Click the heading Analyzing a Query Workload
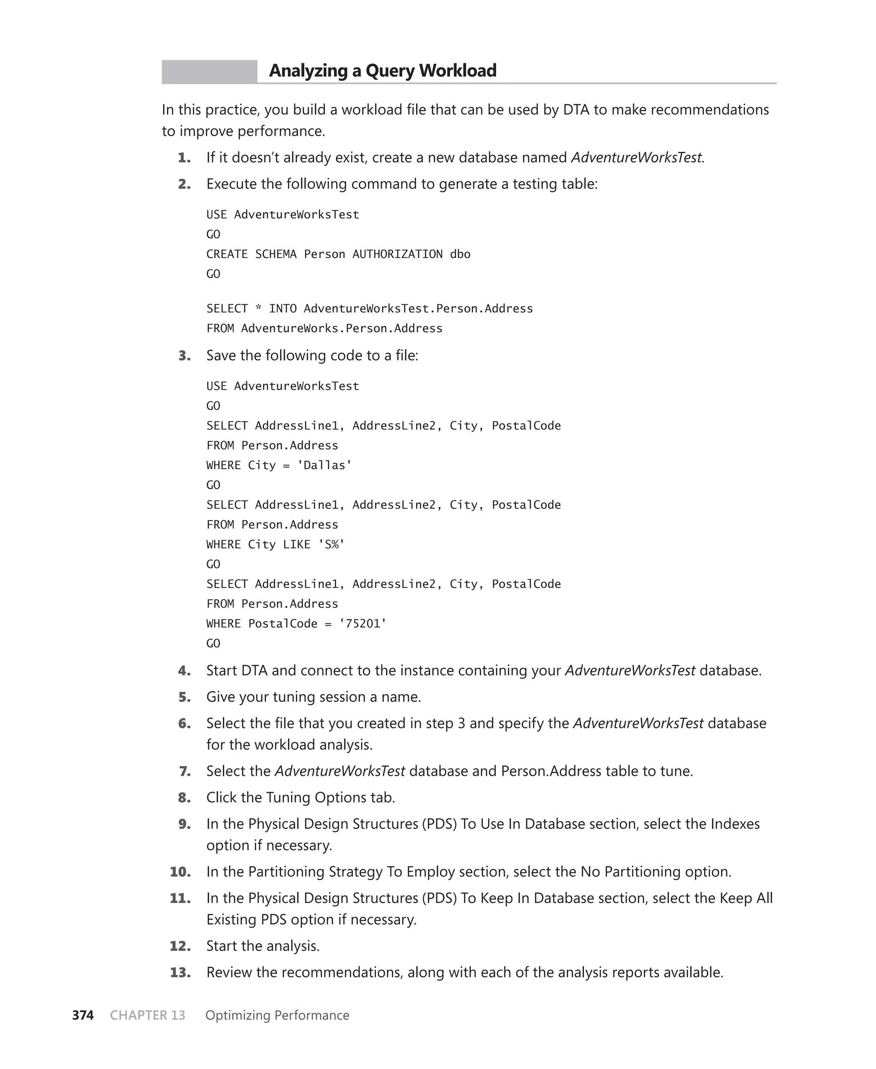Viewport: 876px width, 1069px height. [382, 71]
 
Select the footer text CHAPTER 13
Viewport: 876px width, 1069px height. [147, 1015]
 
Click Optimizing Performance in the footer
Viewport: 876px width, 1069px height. [277, 1015]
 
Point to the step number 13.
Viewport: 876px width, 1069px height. [180, 972]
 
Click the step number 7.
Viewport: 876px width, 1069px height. [185, 771]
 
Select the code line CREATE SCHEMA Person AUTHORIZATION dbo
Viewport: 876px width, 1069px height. [338, 254]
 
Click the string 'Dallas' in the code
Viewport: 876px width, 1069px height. [325, 465]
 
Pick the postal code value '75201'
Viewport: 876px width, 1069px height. [362, 624]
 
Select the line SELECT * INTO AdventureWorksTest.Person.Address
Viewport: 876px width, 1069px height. [370, 309]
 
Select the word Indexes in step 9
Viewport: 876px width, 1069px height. [735, 824]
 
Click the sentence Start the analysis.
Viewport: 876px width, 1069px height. [263, 946]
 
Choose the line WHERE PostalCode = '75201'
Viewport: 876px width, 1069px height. [296, 624]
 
